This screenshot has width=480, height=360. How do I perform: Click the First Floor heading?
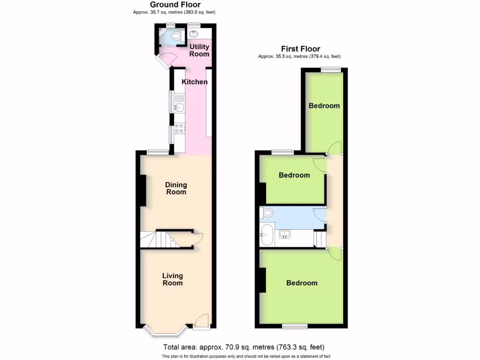coord(300,49)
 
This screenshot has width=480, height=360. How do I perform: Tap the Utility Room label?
coord(199,50)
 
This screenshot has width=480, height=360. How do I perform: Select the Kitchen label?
coord(195,82)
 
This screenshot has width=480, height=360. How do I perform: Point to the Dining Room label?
coord(176,188)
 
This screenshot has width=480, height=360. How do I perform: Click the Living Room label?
coord(172,279)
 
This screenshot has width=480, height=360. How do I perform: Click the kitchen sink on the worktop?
coord(179,107)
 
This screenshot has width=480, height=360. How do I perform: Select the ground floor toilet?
coord(177,36)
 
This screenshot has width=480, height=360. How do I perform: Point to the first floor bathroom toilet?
coord(267,213)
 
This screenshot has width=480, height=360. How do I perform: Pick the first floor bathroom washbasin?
coord(284,234)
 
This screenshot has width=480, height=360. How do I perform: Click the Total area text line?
coord(243,347)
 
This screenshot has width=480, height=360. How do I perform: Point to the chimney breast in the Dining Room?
coord(143,190)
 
